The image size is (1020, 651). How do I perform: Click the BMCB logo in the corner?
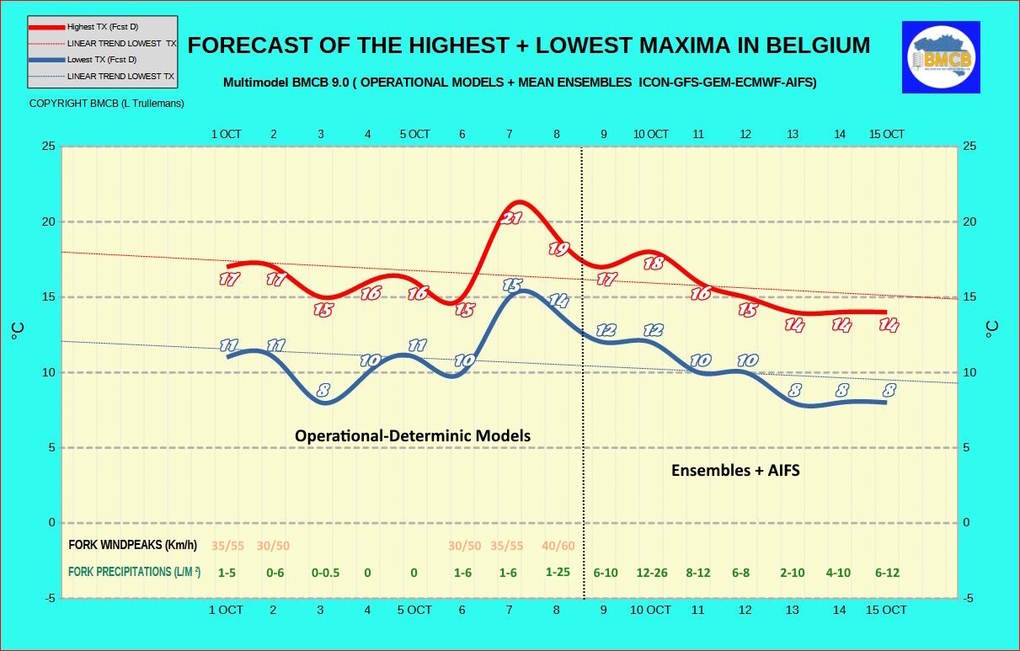click(941, 57)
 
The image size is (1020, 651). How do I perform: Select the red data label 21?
click(512, 218)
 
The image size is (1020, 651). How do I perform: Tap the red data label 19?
click(559, 248)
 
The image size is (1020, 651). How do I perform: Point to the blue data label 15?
click(512, 285)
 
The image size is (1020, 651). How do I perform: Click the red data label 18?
click(653, 263)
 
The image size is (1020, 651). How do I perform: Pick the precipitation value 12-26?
click(650, 573)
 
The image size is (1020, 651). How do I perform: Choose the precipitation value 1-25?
click(558, 572)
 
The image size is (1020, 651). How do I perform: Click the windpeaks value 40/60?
click(558, 546)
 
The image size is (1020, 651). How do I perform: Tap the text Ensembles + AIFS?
click(735, 471)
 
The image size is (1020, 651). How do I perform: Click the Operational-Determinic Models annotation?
click(413, 435)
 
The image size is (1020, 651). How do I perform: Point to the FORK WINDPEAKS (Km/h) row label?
click(132, 545)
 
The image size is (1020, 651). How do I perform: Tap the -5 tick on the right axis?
click(970, 598)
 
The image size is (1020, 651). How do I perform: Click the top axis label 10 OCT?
click(650, 134)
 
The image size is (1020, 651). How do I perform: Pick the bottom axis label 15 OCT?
click(886, 610)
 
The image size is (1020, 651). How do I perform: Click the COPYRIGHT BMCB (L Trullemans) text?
click(106, 103)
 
